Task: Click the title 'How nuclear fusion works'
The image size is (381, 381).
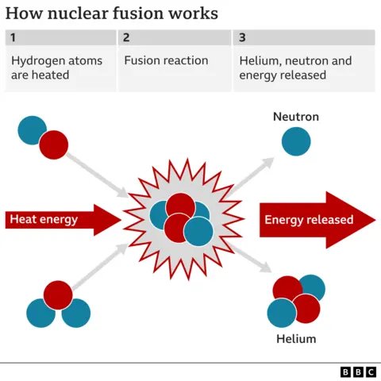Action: coord(112,14)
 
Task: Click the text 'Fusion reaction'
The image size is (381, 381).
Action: coord(166,60)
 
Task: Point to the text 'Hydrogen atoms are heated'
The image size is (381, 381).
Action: coord(51,68)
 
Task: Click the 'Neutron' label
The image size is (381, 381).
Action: coord(295,117)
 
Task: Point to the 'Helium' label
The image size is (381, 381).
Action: coord(295,339)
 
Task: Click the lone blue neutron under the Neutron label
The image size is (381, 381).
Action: coord(295,141)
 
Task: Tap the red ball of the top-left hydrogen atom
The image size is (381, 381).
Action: coord(54,144)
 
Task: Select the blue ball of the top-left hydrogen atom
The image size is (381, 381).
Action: coord(33,129)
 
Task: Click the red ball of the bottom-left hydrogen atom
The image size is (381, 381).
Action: coord(57,294)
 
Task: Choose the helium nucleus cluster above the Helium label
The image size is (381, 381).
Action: coord(295,299)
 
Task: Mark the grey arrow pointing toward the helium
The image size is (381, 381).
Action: coord(252,260)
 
